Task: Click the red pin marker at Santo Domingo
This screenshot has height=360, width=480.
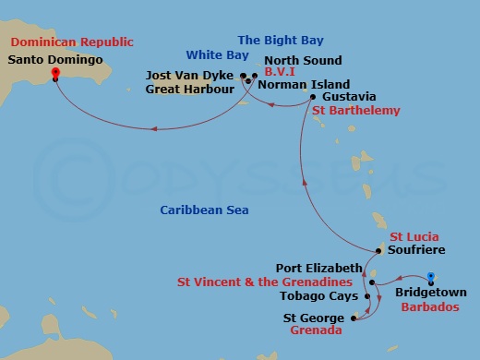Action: tap(55, 73)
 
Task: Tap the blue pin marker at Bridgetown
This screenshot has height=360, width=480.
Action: tap(430, 277)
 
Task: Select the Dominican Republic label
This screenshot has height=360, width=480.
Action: tap(72, 42)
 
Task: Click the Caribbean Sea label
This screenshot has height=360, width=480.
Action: tap(204, 210)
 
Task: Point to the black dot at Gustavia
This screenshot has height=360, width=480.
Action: tap(314, 97)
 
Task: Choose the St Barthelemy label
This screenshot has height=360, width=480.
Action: tap(356, 111)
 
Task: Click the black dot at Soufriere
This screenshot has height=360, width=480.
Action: tap(379, 250)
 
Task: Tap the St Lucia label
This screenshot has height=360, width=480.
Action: tap(413, 237)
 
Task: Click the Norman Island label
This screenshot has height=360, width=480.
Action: tap(304, 84)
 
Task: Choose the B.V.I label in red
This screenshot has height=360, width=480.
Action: tap(281, 69)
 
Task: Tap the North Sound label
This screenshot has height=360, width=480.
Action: tap(303, 61)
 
